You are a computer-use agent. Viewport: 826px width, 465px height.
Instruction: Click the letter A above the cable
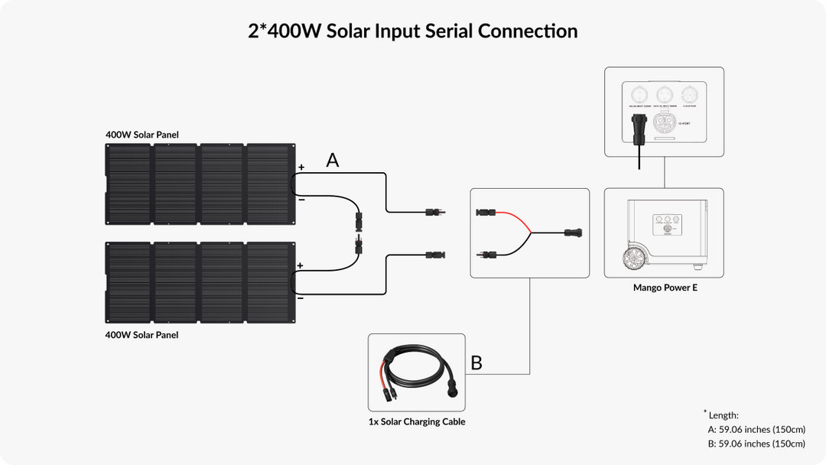point(332,161)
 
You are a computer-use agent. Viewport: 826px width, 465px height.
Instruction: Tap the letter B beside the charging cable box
point(476,363)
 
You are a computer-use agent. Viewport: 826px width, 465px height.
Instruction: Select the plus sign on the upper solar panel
point(301,167)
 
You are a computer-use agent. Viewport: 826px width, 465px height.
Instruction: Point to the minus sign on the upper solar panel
point(301,199)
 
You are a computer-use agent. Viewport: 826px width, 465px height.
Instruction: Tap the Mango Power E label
point(665,288)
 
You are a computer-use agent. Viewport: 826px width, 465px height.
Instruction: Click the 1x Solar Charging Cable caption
point(416,421)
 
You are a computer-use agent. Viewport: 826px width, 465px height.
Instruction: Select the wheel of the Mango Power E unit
point(633,258)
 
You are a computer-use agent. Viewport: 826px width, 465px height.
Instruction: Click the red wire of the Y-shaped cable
point(514,216)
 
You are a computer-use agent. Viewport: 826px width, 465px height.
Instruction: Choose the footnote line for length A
point(756,430)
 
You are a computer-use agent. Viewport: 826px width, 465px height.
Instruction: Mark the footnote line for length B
point(756,444)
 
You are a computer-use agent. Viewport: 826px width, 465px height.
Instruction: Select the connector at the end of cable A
point(434,211)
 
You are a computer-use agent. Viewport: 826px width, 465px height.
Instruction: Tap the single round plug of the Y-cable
point(572,231)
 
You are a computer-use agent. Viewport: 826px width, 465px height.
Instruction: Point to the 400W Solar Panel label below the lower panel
point(142,335)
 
